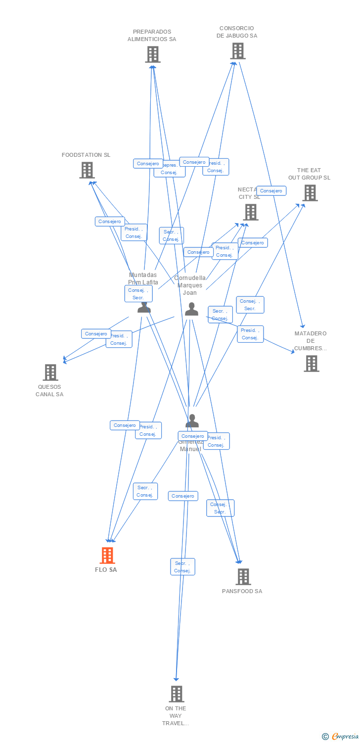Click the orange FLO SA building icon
107,556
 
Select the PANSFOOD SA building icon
243,577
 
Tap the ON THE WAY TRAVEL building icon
176,694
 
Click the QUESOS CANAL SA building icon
50,372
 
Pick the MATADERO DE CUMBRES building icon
311,364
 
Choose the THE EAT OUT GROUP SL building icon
310,193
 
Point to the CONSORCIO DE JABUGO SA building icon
237,51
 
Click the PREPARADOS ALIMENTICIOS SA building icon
152,54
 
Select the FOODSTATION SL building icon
87,170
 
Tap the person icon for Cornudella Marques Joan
191,309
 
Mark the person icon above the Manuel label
192,421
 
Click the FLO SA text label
106,570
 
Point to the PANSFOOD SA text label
242,591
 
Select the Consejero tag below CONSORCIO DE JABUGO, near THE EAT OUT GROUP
271,191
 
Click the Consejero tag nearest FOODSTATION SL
110,222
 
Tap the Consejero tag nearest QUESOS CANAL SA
96,334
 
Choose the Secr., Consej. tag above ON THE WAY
182,567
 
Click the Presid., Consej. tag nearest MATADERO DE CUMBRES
250,334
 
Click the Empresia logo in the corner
341,737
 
